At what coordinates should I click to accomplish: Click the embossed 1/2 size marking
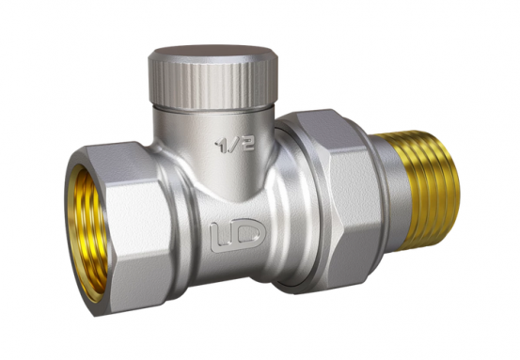click(235, 145)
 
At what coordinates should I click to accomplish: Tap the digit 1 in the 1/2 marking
click(221, 146)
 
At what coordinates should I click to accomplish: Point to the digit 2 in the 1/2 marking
click(247, 144)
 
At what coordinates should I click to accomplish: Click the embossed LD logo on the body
click(238, 235)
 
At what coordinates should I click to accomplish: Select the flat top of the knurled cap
click(213, 53)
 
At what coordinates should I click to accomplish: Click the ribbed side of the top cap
click(213, 85)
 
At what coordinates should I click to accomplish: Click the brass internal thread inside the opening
click(87, 232)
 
